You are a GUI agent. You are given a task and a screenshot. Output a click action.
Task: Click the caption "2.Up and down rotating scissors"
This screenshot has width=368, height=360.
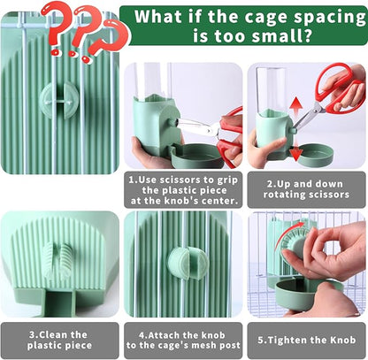tap(305, 186)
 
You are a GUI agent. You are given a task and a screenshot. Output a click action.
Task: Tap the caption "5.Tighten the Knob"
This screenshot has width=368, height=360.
tap(306, 340)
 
